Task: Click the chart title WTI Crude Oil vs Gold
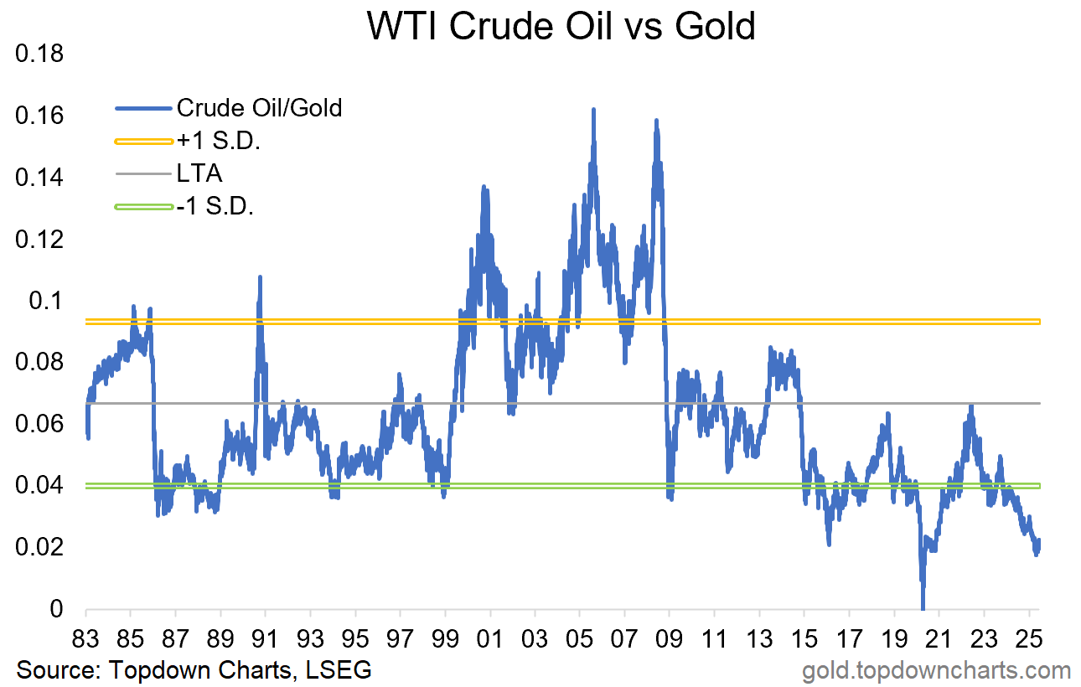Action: click(x=561, y=27)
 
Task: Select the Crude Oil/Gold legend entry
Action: click(x=259, y=108)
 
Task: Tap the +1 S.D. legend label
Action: click(x=219, y=141)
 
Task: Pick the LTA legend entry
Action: click(x=199, y=173)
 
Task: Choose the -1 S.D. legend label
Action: click(x=215, y=206)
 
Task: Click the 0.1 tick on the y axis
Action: click(x=49, y=301)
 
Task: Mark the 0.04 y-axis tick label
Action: click(x=39, y=486)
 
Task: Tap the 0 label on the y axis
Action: click(x=57, y=609)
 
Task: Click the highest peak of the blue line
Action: click(x=593, y=110)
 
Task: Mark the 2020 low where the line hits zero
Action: click(x=923, y=607)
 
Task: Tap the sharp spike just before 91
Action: click(x=260, y=277)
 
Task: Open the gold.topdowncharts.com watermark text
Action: click(x=936, y=670)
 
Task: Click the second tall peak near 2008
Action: click(x=656, y=121)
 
